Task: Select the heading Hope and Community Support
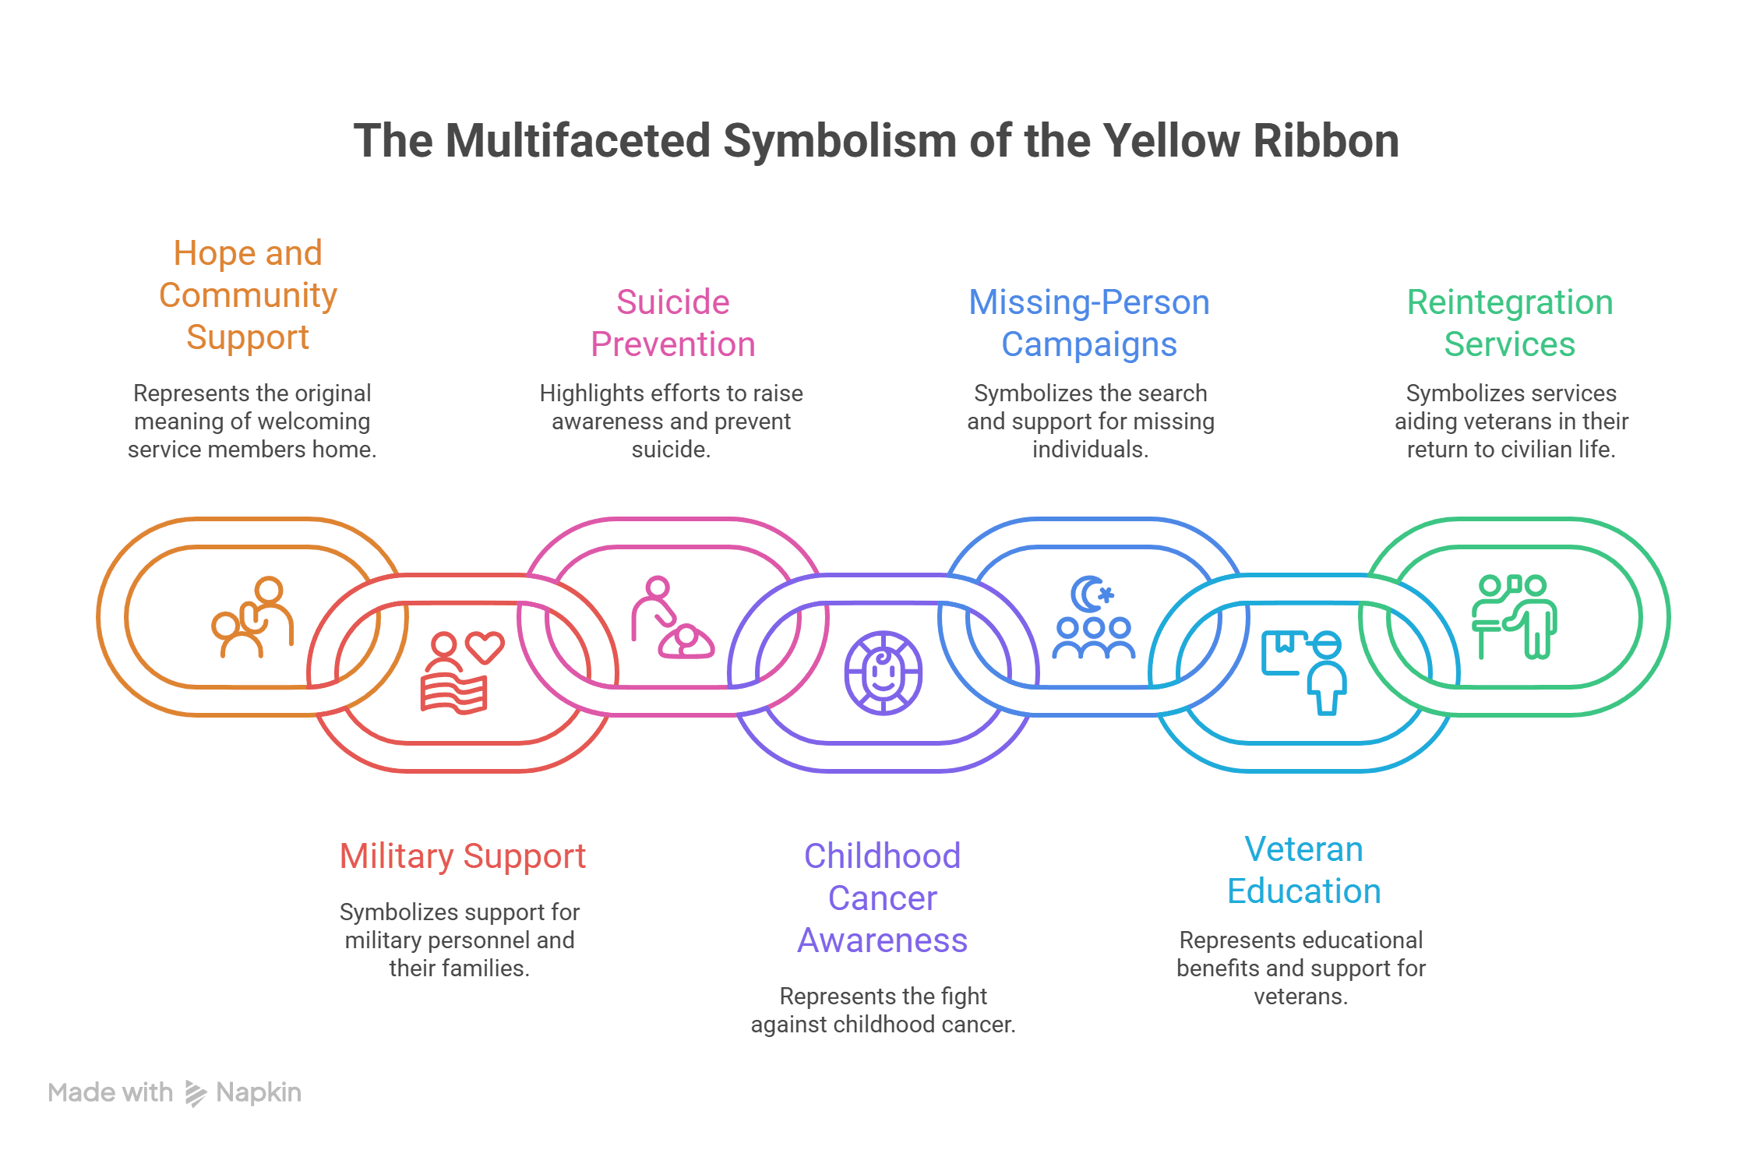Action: click(248, 295)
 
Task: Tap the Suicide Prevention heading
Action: click(672, 323)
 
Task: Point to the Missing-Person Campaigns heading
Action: click(1088, 323)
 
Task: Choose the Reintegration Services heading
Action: click(1509, 323)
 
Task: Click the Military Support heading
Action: click(462, 856)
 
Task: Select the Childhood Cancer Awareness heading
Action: click(882, 898)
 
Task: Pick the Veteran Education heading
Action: click(1303, 870)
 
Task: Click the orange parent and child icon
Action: click(253, 617)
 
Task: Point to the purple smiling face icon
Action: click(883, 673)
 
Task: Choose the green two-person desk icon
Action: click(1514, 617)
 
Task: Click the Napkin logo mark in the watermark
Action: click(195, 1093)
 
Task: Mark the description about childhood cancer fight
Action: click(883, 1011)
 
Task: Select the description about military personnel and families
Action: click(460, 940)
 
